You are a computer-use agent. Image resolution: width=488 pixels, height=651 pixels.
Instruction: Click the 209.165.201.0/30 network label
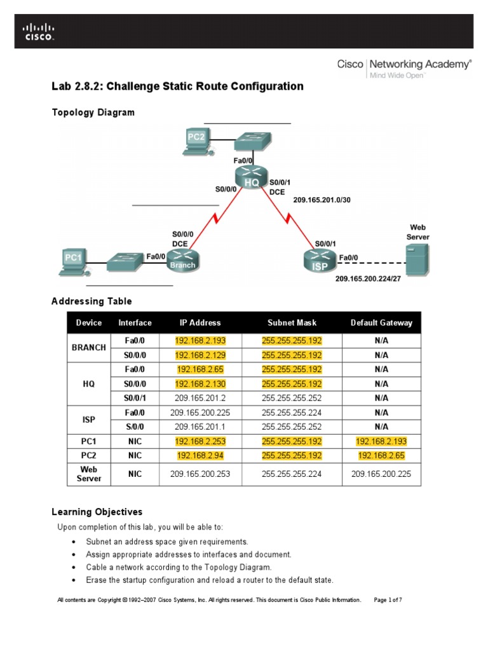pyautogui.click(x=322, y=200)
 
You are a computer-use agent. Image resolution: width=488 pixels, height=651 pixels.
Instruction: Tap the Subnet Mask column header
pyautogui.click(x=292, y=323)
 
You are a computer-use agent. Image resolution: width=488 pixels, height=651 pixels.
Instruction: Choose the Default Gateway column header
pyautogui.click(x=381, y=323)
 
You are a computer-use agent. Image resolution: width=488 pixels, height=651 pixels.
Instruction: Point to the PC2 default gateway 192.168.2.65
pyautogui.click(x=381, y=456)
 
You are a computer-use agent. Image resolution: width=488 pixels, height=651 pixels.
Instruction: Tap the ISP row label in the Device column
pyautogui.click(x=89, y=420)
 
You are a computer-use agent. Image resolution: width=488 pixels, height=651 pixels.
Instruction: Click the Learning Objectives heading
pyautogui.click(x=97, y=512)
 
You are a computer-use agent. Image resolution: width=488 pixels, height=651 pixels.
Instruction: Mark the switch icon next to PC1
pyautogui.click(x=125, y=261)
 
